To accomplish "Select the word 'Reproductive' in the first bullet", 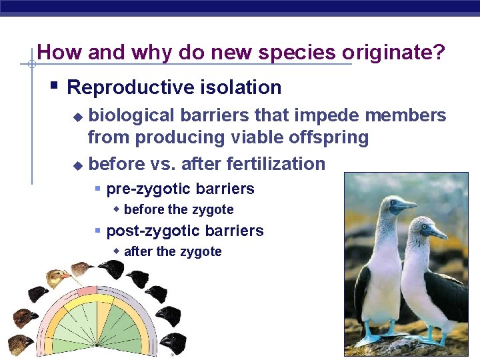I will (x=125, y=87).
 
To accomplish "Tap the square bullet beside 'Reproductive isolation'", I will (x=55, y=85).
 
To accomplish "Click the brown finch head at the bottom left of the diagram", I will (x=21, y=343).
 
